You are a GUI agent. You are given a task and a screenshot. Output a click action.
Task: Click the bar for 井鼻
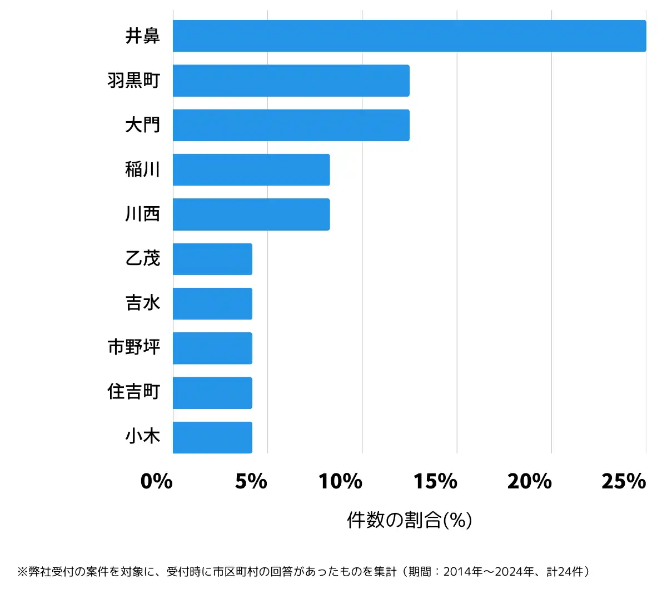click(x=409, y=36)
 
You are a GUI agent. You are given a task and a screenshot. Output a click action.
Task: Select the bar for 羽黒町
click(x=291, y=81)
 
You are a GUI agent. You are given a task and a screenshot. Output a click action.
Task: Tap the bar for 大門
click(x=291, y=125)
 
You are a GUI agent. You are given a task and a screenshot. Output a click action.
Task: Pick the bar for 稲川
click(x=251, y=169)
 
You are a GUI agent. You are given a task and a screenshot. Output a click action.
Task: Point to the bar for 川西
click(x=251, y=214)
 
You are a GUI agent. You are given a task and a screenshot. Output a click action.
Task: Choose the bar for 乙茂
click(x=212, y=259)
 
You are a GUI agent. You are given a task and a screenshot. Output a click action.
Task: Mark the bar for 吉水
click(x=212, y=303)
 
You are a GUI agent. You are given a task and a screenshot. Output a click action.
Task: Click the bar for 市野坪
click(x=212, y=348)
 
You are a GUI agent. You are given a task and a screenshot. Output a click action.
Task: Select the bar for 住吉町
click(x=212, y=393)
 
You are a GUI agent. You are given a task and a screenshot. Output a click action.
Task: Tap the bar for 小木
click(x=212, y=437)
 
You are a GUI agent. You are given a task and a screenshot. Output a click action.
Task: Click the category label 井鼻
click(x=142, y=36)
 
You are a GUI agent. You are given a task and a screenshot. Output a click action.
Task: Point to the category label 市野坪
click(x=134, y=347)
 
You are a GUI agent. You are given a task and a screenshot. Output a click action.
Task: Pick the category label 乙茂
click(x=142, y=258)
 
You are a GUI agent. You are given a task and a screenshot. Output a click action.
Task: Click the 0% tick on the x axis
click(x=156, y=481)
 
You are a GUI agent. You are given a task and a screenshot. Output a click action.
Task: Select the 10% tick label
click(x=340, y=481)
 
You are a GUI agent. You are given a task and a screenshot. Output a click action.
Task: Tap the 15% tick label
click(x=435, y=481)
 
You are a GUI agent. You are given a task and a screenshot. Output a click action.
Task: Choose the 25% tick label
click(x=624, y=481)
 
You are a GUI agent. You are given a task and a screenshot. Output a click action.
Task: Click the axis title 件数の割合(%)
click(x=409, y=520)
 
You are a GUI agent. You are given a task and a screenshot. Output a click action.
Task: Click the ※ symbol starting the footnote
click(x=22, y=571)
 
